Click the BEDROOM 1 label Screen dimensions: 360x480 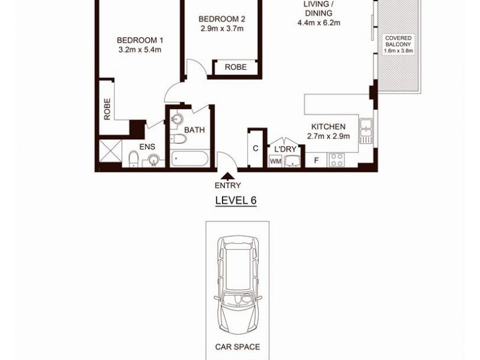pyautogui.click(x=140, y=40)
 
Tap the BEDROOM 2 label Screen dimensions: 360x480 pyautogui.click(x=222, y=19)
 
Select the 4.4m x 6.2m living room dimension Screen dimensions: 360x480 pyautogui.click(x=319, y=23)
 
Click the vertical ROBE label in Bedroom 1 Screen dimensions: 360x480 pyautogui.click(x=107, y=109)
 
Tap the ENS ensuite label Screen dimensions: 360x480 pyautogui.click(x=147, y=146)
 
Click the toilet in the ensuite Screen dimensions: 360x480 pyautogui.click(x=134, y=159)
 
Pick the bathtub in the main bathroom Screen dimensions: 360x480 pyautogui.click(x=190, y=160)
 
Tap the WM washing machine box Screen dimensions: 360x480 pyautogui.click(x=275, y=161)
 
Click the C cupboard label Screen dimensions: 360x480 pyautogui.click(x=255, y=149)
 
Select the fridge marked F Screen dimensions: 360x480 pyautogui.click(x=316, y=160)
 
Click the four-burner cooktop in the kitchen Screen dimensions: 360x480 pyautogui.click(x=336, y=160)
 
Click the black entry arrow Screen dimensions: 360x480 pyautogui.click(x=228, y=176)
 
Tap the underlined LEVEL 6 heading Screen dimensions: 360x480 pyautogui.click(x=236, y=200)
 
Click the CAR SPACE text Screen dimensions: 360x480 pyautogui.click(x=238, y=347)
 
